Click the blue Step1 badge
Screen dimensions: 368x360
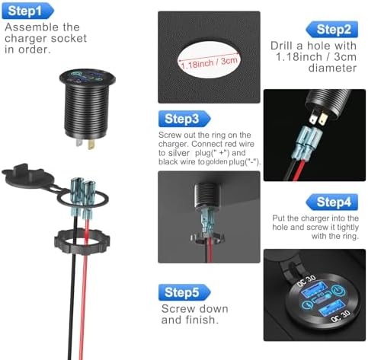pyautogui.click(x=27, y=11)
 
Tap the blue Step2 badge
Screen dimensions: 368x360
pyautogui.click(x=331, y=30)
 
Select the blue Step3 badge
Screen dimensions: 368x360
pyautogui.click(x=184, y=119)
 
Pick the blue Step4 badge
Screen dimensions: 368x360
pyautogui.click(x=331, y=202)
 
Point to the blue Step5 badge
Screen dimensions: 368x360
pyautogui.click(x=184, y=292)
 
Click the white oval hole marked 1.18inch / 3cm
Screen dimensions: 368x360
pyautogui.click(x=209, y=60)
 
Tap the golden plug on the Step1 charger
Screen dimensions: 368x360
pyautogui.click(x=91, y=144)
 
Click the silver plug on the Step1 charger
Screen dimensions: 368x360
pyautogui.click(x=79, y=142)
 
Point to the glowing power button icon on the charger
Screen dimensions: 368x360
pyautogui.click(x=338, y=290)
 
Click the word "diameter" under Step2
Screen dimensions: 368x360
pyautogui.click(x=332, y=68)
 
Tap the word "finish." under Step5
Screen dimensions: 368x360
pyautogui.click(x=202, y=320)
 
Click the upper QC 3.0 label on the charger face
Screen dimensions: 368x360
pyautogui.click(x=306, y=281)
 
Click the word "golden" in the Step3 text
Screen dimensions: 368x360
pyautogui.click(x=216, y=162)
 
